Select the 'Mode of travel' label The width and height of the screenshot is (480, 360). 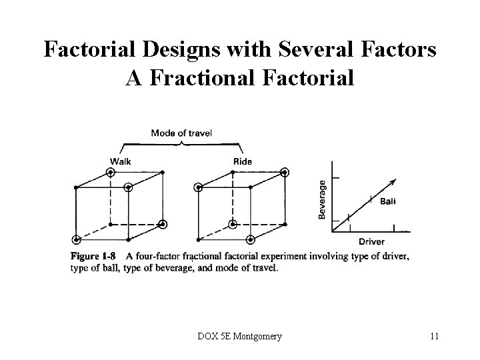(181, 133)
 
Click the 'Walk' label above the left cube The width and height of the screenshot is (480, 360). (121, 161)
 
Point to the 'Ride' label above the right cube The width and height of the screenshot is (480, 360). (243, 161)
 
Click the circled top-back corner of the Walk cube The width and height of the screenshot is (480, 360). (111, 172)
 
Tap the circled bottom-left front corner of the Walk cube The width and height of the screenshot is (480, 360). (77, 239)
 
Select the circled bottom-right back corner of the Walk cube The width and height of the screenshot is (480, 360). (163, 223)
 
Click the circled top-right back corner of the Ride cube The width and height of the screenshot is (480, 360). (285, 172)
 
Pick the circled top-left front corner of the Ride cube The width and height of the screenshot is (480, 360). (198, 188)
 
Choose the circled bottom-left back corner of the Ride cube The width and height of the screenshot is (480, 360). (232, 223)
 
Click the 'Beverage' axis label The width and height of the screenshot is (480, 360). (323, 199)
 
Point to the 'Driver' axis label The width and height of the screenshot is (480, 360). (371, 241)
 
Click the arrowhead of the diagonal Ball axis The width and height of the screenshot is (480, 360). (393, 182)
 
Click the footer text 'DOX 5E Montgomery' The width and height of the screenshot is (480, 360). (240, 336)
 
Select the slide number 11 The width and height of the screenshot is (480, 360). (434, 336)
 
